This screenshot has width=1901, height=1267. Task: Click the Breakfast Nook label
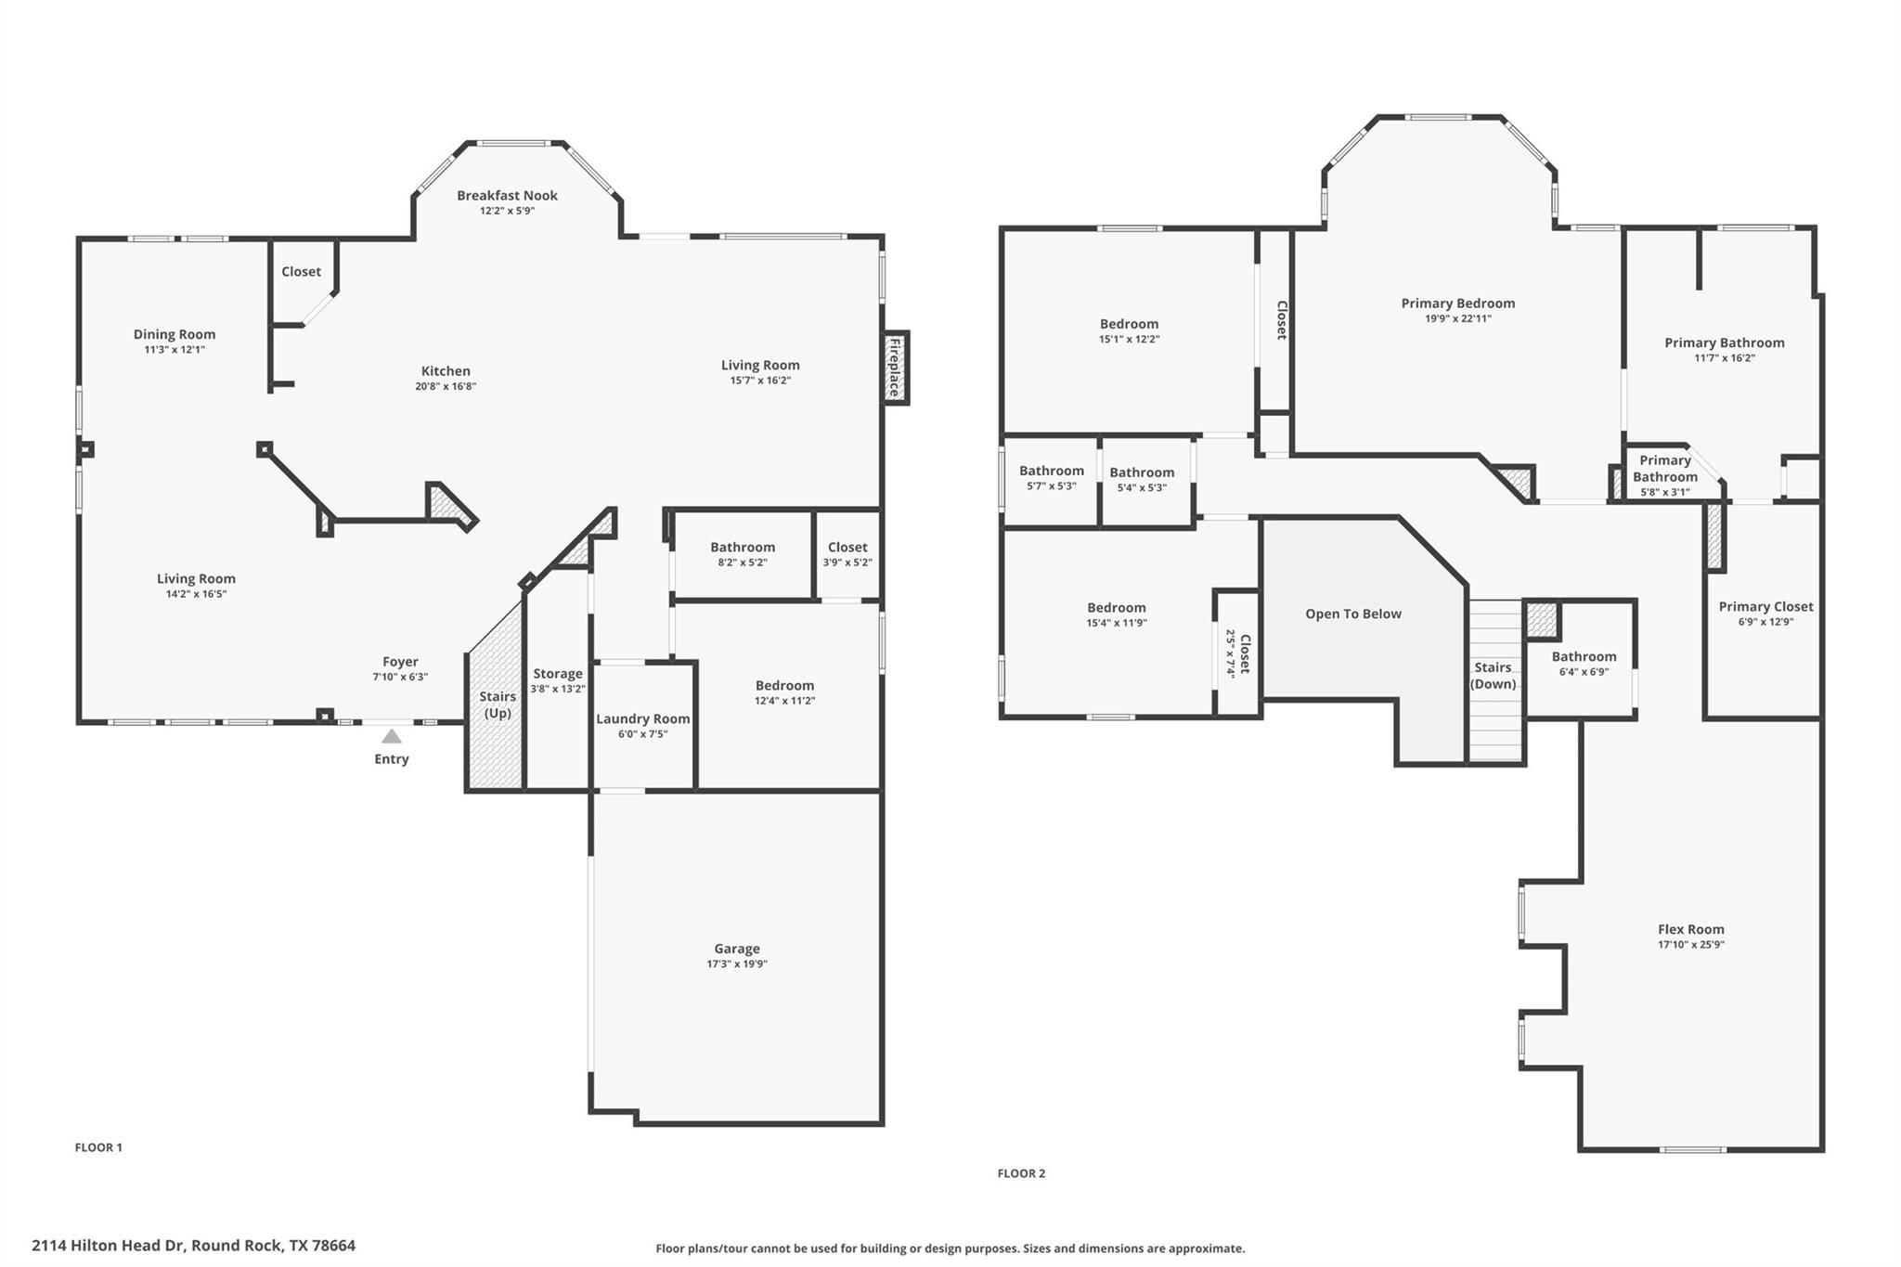click(507, 195)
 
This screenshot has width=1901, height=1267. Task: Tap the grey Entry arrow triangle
click(392, 736)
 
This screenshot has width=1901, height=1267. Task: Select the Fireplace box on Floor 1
click(895, 368)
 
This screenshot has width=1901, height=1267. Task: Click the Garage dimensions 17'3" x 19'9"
click(736, 963)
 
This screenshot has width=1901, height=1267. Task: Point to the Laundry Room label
click(642, 718)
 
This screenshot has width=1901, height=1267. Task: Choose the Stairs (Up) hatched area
click(494, 705)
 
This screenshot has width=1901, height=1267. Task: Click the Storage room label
click(557, 674)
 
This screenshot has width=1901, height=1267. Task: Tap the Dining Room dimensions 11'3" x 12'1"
click(175, 350)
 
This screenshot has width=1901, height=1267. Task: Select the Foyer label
click(400, 662)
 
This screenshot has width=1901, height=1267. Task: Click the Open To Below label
click(1352, 614)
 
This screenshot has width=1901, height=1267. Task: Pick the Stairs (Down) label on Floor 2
click(1493, 675)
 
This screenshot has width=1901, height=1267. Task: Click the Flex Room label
click(1690, 929)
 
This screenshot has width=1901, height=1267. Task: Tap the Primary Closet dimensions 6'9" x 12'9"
click(1765, 622)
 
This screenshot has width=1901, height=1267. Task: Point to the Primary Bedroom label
click(1457, 304)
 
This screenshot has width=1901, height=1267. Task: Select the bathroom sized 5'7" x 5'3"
click(1051, 478)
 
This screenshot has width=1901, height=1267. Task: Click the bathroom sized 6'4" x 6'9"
click(1584, 663)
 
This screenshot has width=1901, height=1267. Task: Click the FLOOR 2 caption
click(1021, 1173)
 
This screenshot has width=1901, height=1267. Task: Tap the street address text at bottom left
click(193, 1246)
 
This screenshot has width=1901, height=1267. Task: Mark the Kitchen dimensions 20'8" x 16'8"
click(446, 386)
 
